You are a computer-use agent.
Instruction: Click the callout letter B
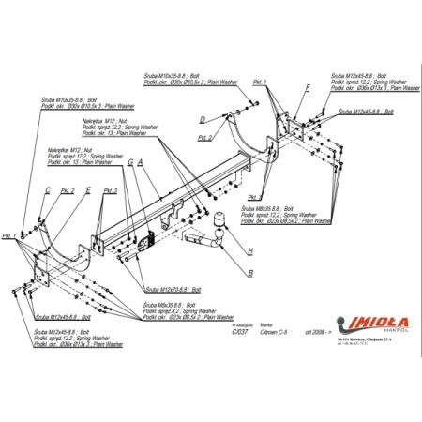pyautogui.click(x=249, y=274)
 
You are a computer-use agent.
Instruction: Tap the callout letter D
pyautogui.click(x=201, y=119)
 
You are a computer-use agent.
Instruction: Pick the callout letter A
pyautogui.click(x=140, y=161)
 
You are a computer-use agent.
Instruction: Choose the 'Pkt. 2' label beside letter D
pyautogui.click(x=204, y=137)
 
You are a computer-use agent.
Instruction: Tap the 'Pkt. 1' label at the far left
pyautogui.click(x=9, y=235)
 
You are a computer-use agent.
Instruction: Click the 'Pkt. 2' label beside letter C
pyautogui.click(x=67, y=190)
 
